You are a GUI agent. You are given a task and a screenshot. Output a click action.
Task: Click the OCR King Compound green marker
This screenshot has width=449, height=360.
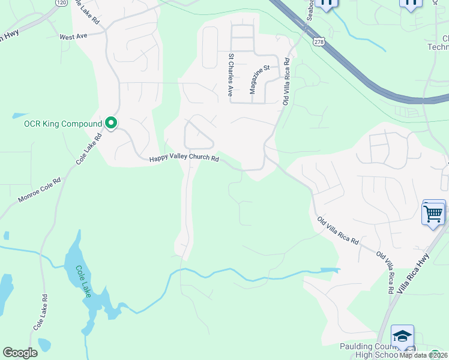click(x=110, y=123)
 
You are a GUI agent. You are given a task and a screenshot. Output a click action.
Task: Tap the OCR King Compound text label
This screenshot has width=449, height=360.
click(x=63, y=124)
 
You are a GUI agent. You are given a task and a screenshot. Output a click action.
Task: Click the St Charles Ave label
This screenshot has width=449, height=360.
click(x=230, y=75)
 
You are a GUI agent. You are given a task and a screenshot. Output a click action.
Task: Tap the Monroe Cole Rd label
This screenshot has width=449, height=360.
click(x=40, y=189)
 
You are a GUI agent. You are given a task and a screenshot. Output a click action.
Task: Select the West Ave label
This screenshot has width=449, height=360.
click(x=73, y=37)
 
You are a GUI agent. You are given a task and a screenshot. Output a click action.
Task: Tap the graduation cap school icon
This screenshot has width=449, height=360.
click(x=402, y=336)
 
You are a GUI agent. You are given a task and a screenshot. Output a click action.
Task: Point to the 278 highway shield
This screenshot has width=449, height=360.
click(x=317, y=40)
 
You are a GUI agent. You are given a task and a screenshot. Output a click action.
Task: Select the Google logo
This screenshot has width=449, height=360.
click(x=20, y=353)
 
